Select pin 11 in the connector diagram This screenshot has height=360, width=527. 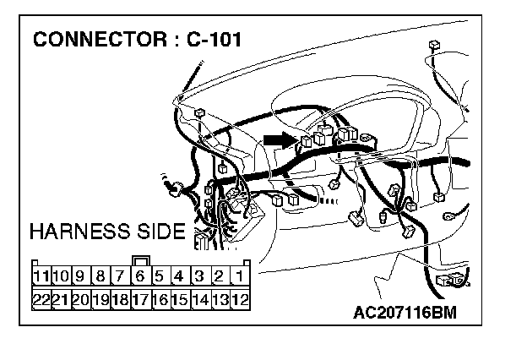click(41, 276)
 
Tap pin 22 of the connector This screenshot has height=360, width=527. click(41, 299)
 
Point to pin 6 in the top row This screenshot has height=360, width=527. click(140, 276)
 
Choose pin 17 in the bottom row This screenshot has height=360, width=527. click(140, 299)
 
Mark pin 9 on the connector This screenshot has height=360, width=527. click(80, 276)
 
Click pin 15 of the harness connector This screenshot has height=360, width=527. click(179, 299)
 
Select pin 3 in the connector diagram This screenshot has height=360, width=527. click(199, 276)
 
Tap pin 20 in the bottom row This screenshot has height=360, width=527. click(80, 299)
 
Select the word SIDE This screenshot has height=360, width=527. click(159, 231)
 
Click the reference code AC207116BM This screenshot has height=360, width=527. click(405, 314)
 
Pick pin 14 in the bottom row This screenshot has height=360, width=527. click(199, 299)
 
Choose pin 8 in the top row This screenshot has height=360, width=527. click(100, 276)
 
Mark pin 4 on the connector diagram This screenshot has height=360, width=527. click(179, 276)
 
